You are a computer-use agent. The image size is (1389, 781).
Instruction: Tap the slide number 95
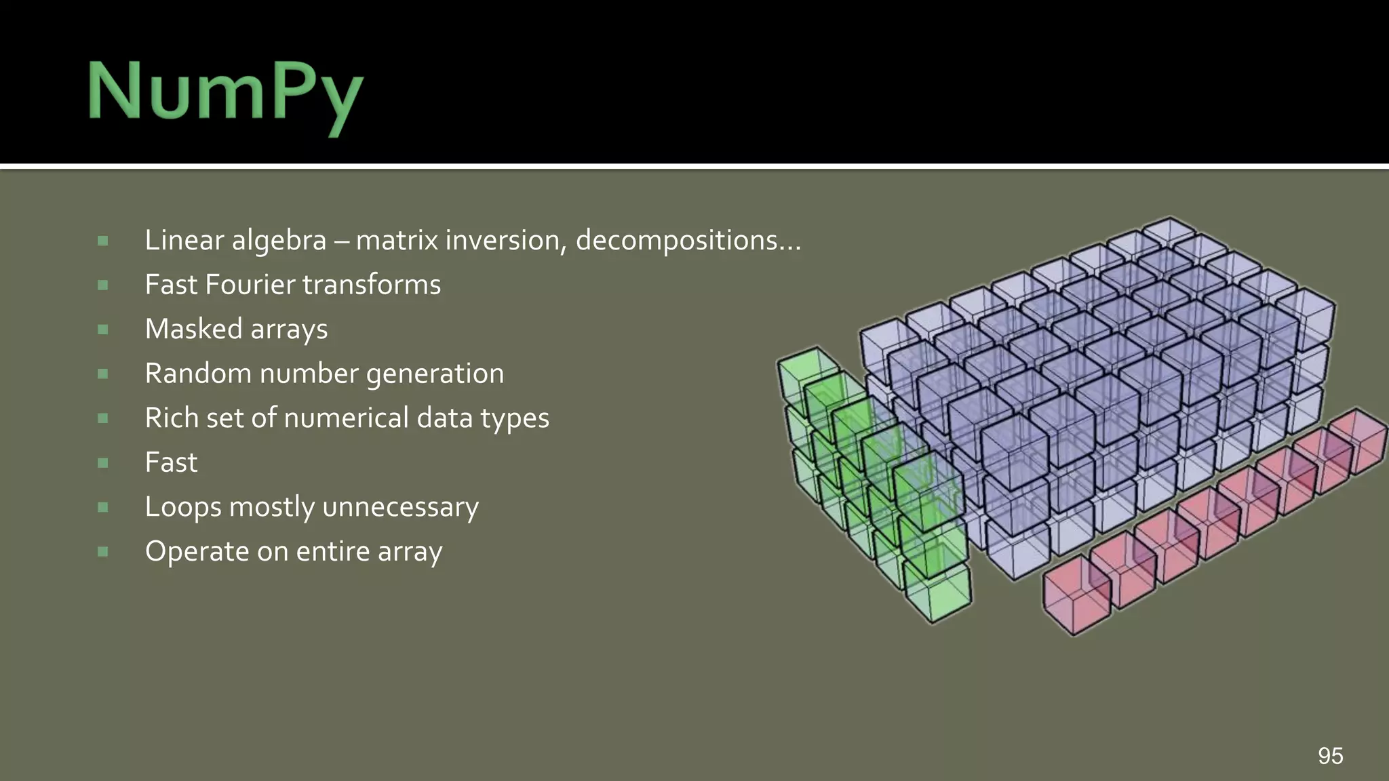[x=1330, y=755]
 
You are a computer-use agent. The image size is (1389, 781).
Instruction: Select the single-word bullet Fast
[x=171, y=462]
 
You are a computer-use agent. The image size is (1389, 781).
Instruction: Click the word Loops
[x=183, y=507]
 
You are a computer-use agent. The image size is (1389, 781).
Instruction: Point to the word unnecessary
[x=402, y=507]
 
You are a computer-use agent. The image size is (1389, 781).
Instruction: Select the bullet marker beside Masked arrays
[x=103, y=329]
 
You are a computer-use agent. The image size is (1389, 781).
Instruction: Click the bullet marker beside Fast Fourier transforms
[x=103, y=285]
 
